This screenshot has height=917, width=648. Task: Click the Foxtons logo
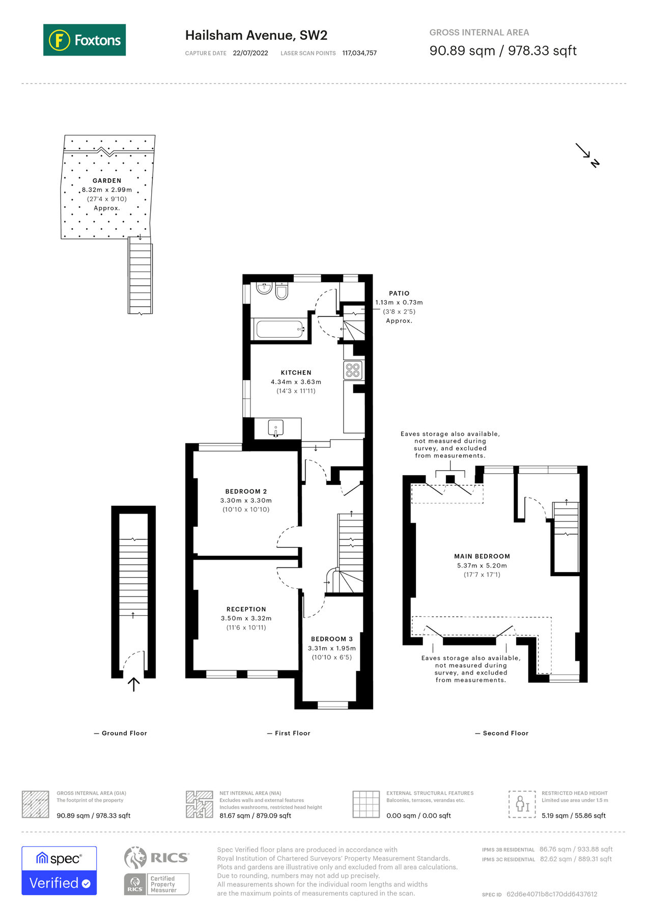(x=84, y=40)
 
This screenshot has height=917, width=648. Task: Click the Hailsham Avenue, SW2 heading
(x=256, y=35)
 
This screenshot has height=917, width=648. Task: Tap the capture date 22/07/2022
(x=250, y=53)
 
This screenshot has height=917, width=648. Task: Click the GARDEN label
(x=107, y=180)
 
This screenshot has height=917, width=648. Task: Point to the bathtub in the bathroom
(x=280, y=329)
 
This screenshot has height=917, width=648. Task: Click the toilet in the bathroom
(x=281, y=291)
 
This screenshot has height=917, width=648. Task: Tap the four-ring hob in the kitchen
(x=353, y=370)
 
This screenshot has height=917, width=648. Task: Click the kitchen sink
(x=275, y=428)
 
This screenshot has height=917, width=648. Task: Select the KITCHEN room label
(x=296, y=372)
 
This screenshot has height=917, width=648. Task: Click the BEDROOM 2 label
(x=246, y=491)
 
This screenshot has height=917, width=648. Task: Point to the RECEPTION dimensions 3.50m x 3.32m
(x=246, y=618)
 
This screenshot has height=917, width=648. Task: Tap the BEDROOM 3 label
(x=331, y=639)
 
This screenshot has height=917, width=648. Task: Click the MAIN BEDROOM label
(x=482, y=556)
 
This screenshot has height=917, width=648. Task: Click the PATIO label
(x=399, y=293)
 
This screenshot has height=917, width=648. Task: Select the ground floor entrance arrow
(x=133, y=684)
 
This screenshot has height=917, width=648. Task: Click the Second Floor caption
(x=505, y=733)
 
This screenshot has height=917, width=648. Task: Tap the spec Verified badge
(x=59, y=871)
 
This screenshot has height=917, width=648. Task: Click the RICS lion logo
(x=135, y=857)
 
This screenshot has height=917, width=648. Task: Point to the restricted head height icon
(x=522, y=804)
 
